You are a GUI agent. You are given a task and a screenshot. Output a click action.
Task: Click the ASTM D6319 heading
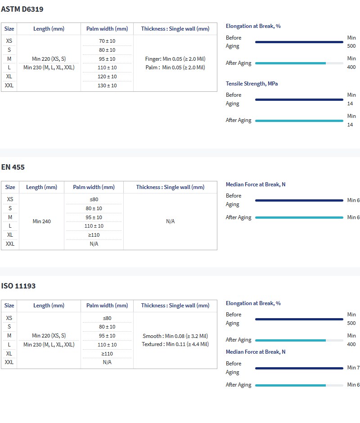[22, 9]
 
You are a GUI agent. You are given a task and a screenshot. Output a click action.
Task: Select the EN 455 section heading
[13, 167]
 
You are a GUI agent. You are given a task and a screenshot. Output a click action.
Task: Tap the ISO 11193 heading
[18, 286]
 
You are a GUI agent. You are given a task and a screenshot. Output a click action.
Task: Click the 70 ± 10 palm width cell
[107, 41]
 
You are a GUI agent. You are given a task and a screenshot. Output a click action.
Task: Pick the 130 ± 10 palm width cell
[107, 85]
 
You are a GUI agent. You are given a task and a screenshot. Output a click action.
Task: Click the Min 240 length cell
[42, 221]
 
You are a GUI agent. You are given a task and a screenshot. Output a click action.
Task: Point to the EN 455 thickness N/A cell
[170, 221]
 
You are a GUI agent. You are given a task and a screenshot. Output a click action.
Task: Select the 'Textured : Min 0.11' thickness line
[175, 344]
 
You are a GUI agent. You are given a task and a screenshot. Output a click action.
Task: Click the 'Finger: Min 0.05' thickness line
[175, 59]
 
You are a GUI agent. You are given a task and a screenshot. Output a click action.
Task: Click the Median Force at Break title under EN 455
[256, 184]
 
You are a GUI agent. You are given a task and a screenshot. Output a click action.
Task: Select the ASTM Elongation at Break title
[253, 26]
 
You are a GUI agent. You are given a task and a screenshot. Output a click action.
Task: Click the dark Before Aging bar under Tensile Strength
[299, 99]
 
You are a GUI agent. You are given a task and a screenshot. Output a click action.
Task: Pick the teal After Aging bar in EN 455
[299, 217]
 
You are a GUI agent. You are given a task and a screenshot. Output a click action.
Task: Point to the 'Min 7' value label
[353, 368]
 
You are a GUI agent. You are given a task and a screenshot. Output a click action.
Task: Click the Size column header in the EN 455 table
[10, 187]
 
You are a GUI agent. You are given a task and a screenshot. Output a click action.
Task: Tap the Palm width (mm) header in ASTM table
[107, 29]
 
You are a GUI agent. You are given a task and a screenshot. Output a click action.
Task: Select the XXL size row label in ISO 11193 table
[9, 362]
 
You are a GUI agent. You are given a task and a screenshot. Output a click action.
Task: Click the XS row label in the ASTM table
[9, 41]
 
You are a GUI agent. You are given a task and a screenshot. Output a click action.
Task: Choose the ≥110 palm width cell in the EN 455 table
[94, 235]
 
